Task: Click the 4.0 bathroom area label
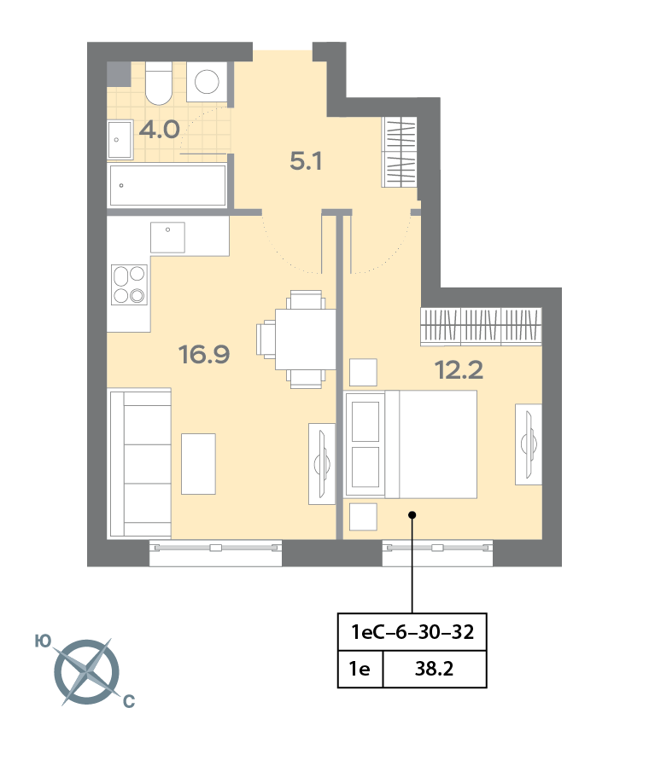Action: [159, 130]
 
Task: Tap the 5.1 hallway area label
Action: [305, 160]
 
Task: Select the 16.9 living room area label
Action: [204, 353]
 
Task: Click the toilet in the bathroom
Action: [158, 82]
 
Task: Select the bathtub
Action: [167, 185]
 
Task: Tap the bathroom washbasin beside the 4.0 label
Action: [120, 139]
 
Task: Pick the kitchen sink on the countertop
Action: [167, 236]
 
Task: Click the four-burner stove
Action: [128, 285]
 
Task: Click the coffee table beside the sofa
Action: [198, 463]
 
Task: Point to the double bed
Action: [410, 444]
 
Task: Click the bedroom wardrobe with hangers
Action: [482, 326]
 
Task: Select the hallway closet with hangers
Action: [400, 152]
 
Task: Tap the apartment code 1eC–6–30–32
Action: [412, 633]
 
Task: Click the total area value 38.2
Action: [433, 670]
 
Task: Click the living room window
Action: [215, 553]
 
